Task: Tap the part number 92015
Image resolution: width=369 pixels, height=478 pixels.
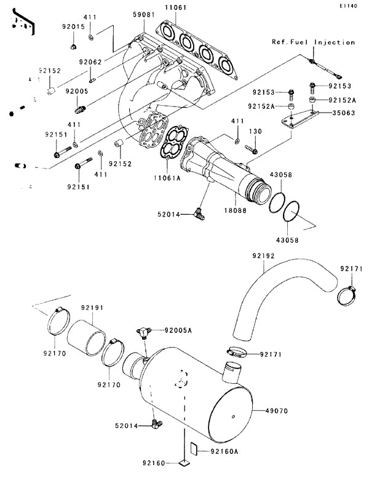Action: (x=73, y=27)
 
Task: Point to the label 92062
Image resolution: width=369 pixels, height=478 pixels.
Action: (x=90, y=61)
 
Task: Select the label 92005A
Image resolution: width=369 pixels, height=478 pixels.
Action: (x=178, y=330)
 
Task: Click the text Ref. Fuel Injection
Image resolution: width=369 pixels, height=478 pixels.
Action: (x=314, y=42)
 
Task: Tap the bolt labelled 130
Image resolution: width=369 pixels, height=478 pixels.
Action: (x=251, y=149)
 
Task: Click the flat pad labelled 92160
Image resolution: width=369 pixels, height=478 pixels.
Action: (x=184, y=461)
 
